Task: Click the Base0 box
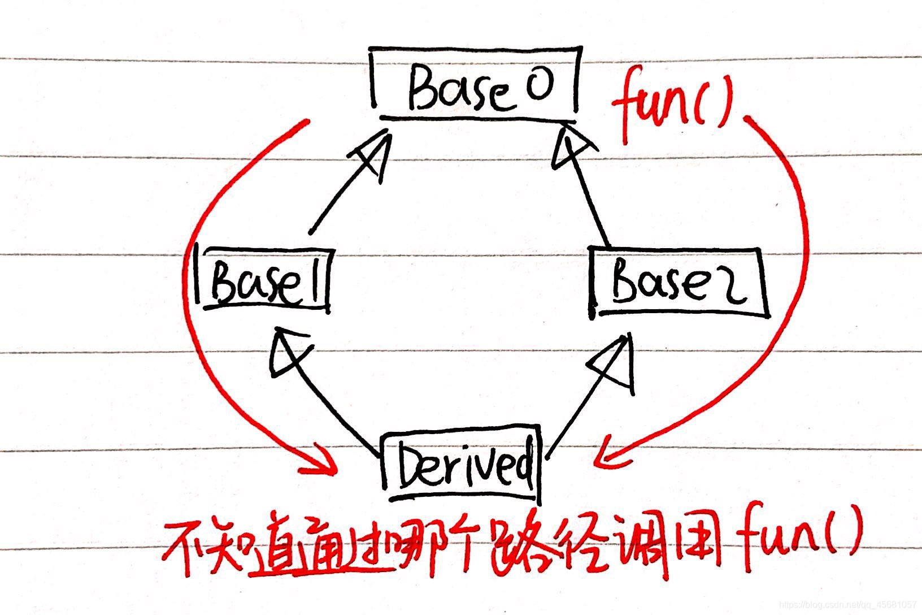[475, 85]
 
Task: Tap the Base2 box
[678, 283]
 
